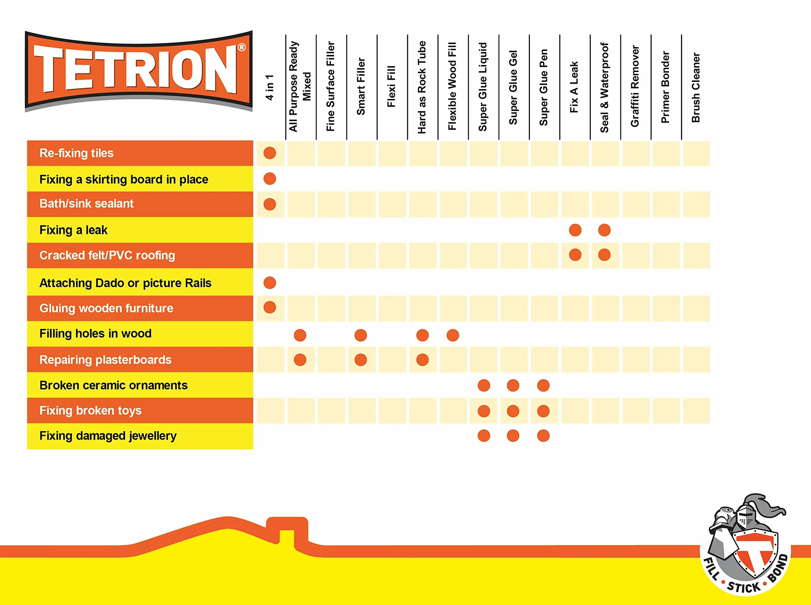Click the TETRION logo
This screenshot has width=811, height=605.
[139, 71]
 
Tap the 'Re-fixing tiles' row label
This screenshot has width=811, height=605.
[77, 153]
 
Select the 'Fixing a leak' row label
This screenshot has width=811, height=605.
[73, 230]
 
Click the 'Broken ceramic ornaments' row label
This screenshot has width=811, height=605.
[113, 385]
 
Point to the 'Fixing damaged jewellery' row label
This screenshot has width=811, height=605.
[108, 436]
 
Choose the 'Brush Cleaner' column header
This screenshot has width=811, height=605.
[696, 88]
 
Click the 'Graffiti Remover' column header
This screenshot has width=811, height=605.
[635, 86]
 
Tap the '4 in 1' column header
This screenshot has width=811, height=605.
[270, 87]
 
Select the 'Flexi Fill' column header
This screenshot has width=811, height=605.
[391, 86]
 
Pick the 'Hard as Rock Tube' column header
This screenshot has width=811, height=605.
[422, 87]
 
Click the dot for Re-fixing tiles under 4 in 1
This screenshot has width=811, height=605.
[270, 153]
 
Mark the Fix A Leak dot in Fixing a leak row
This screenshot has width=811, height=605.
[575, 230]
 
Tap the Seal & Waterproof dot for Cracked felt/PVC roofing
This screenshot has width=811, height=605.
[604, 255]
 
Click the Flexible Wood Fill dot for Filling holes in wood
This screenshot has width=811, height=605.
[453, 335]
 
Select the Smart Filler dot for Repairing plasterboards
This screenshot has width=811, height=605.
[361, 360]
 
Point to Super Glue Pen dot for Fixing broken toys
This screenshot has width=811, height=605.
[543, 411]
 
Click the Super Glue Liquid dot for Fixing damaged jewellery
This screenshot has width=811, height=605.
[484, 436]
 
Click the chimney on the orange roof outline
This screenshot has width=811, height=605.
[287, 530]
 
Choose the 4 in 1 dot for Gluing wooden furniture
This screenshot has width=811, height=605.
[270, 308]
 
